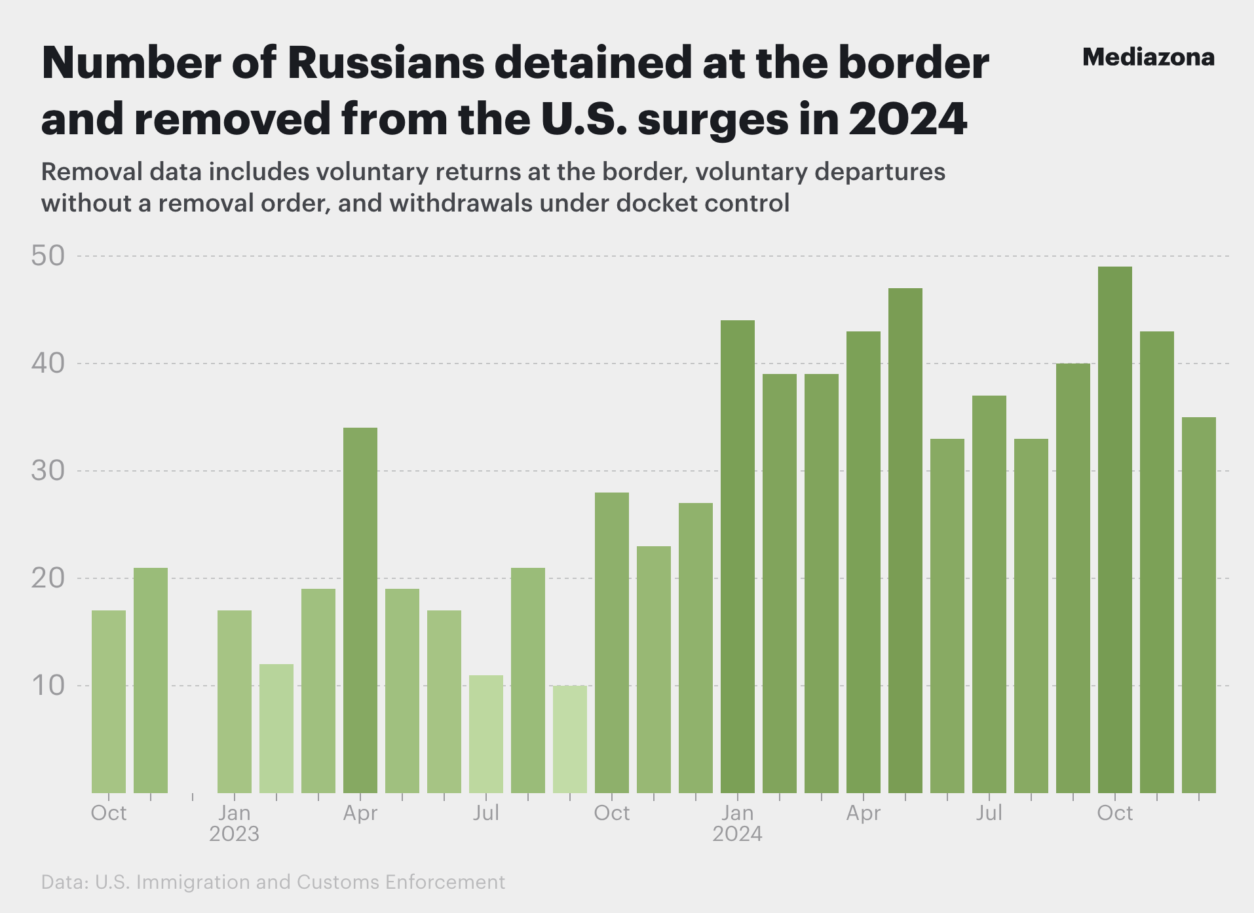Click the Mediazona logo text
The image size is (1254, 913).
(1148, 58)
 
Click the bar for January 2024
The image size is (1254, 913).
(737, 557)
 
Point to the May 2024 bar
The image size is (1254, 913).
(905, 540)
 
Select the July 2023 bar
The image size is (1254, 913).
(486, 734)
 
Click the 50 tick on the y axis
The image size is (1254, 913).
(48, 256)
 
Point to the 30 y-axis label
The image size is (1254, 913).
(48, 471)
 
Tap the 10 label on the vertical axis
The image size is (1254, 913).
(48, 686)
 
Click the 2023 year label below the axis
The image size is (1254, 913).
(234, 834)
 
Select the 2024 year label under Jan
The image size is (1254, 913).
(737, 834)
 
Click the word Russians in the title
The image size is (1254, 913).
(386, 63)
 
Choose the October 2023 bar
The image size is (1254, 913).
(611, 642)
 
